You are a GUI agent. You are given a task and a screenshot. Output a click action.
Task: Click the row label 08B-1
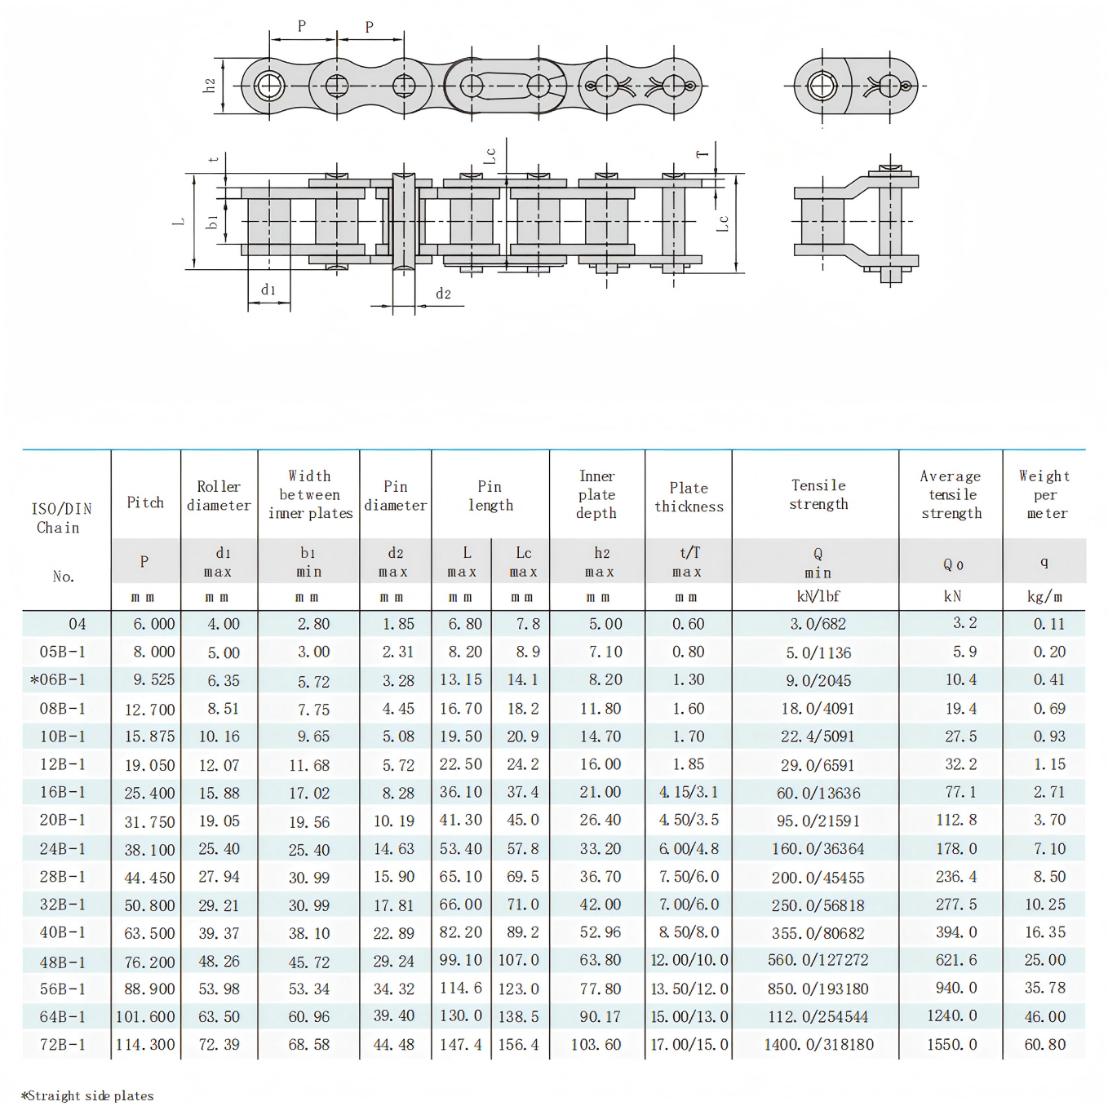tap(62, 708)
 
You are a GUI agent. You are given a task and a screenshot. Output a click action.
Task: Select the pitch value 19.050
tap(149, 765)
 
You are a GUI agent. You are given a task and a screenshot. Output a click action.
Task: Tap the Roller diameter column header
tap(219, 496)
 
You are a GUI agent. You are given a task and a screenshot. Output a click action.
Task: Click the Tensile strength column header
tap(818, 494)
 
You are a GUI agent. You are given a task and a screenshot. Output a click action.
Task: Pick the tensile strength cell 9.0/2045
tap(818, 680)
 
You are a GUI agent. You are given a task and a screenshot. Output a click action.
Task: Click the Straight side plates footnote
tap(87, 1095)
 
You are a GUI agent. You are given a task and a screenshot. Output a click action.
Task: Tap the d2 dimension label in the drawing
tap(443, 294)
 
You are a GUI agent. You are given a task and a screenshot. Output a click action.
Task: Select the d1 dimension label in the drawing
tap(268, 290)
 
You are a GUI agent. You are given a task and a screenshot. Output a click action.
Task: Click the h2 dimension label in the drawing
tap(210, 85)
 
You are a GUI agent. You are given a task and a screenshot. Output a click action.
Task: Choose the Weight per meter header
tap(1044, 494)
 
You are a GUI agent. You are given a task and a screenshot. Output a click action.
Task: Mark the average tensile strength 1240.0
tap(951, 1016)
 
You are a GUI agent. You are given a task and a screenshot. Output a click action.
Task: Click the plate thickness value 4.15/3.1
tap(689, 792)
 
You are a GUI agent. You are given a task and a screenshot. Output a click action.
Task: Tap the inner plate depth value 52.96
tap(600, 932)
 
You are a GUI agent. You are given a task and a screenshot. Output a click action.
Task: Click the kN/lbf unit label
tap(818, 596)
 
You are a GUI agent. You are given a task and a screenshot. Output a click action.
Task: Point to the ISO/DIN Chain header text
tap(61, 518)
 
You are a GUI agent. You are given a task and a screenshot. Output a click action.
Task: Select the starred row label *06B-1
tap(58, 679)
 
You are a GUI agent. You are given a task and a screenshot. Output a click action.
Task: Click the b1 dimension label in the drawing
tap(212, 222)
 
